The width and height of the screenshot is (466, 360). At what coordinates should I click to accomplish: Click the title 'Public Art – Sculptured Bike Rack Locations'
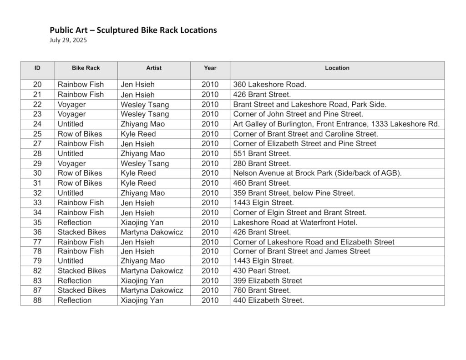pyautogui.click(x=133, y=30)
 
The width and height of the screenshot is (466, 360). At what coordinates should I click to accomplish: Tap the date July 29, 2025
pyautogui.click(x=68, y=40)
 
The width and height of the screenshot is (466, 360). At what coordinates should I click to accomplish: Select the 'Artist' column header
pyautogui.click(x=154, y=68)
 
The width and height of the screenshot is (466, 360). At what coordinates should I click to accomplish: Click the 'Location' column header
pyautogui.click(x=337, y=68)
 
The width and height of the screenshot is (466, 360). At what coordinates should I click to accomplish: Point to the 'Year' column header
pyautogui.click(x=210, y=68)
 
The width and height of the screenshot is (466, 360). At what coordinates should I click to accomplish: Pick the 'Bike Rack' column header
pyautogui.click(x=86, y=68)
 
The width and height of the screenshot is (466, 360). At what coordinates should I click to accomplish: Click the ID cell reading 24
pyautogui.click(x=37, y=124)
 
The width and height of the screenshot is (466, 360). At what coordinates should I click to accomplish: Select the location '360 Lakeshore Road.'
pyautogui.click(x=270, y=85)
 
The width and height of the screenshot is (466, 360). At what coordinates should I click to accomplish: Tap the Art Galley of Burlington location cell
pyautogui.click(x=336, y=124)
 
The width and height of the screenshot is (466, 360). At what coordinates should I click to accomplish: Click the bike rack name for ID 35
pyautogui.click(x=75, y=223)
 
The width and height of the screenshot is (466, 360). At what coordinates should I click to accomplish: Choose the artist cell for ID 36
pyautogui.click(x=152, y=232)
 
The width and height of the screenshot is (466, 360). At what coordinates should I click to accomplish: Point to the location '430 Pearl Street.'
pyautogui.click(x=262, y=271)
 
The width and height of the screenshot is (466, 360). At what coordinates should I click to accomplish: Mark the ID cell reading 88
pyautogui.click(x=37, y=300)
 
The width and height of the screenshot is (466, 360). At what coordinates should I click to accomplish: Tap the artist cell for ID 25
pyautogui.click(x=138, y=134)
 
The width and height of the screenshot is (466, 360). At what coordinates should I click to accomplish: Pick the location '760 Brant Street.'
pyautogui.click(x=262, y=290)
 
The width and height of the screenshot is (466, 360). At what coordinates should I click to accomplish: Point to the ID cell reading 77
pyautogui.click(x=37, y=242)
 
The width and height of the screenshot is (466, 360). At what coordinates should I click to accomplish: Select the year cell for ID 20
pyautogui.click(x=210, y=85)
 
